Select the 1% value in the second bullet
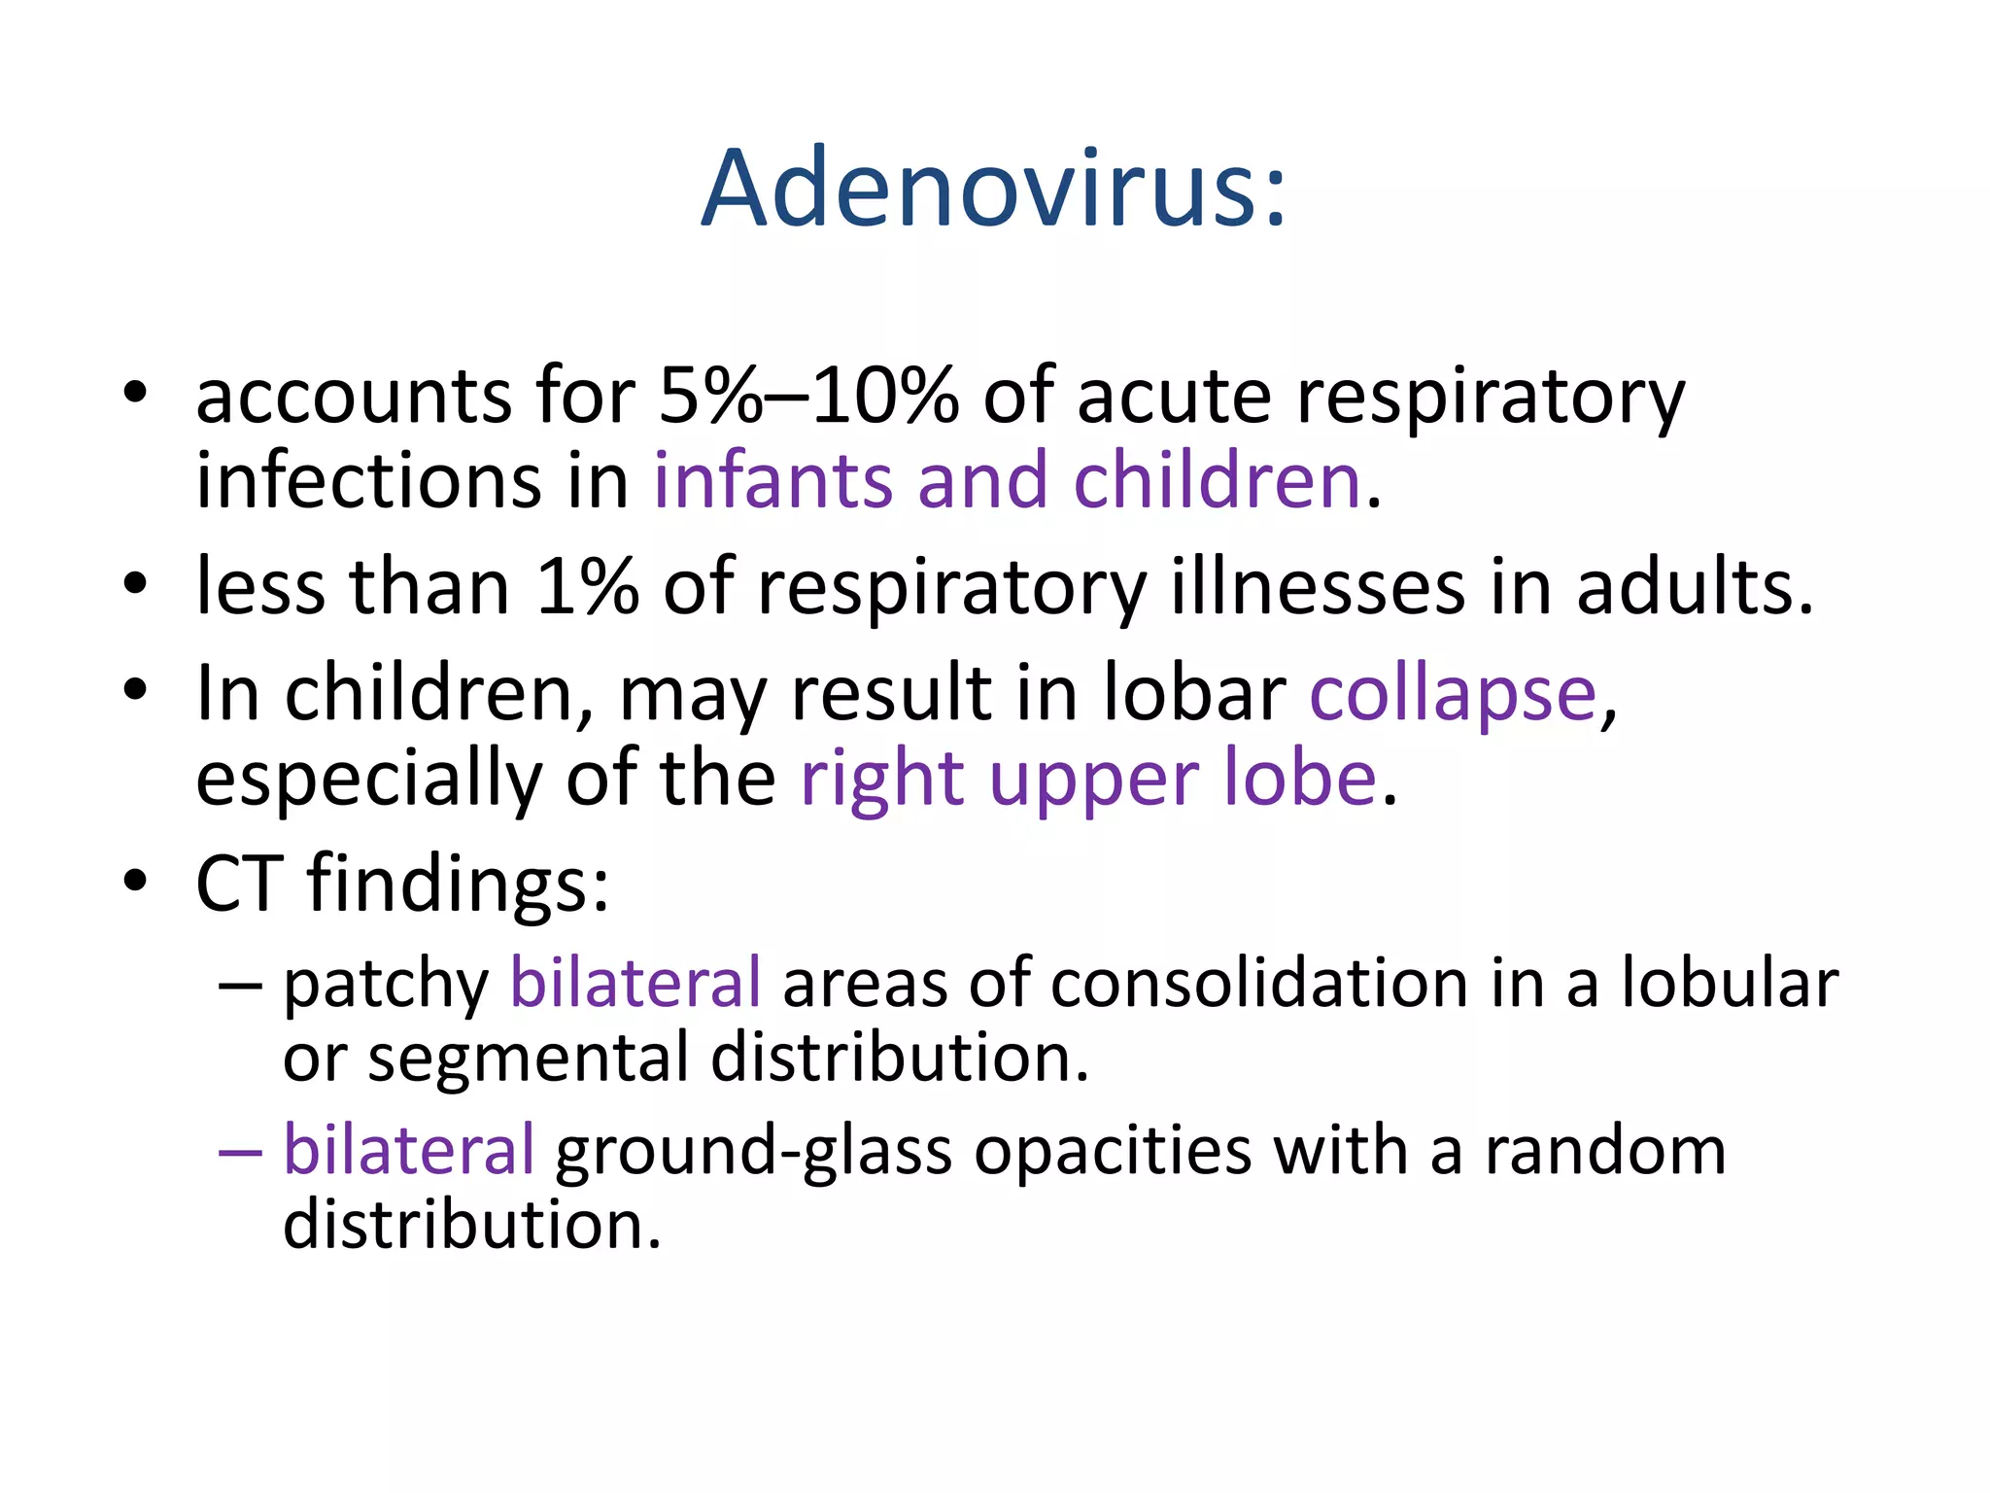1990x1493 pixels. (x=587, y=587)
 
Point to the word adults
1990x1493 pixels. (x=1695, y=587)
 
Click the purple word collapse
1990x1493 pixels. (x=1453, y=694)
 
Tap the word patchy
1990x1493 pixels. (x=386, y=985)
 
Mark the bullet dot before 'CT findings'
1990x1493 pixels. (x=135, y=881)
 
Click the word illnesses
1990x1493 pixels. (x=1318, y=587)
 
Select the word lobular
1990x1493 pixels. (x=1730, y=983)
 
